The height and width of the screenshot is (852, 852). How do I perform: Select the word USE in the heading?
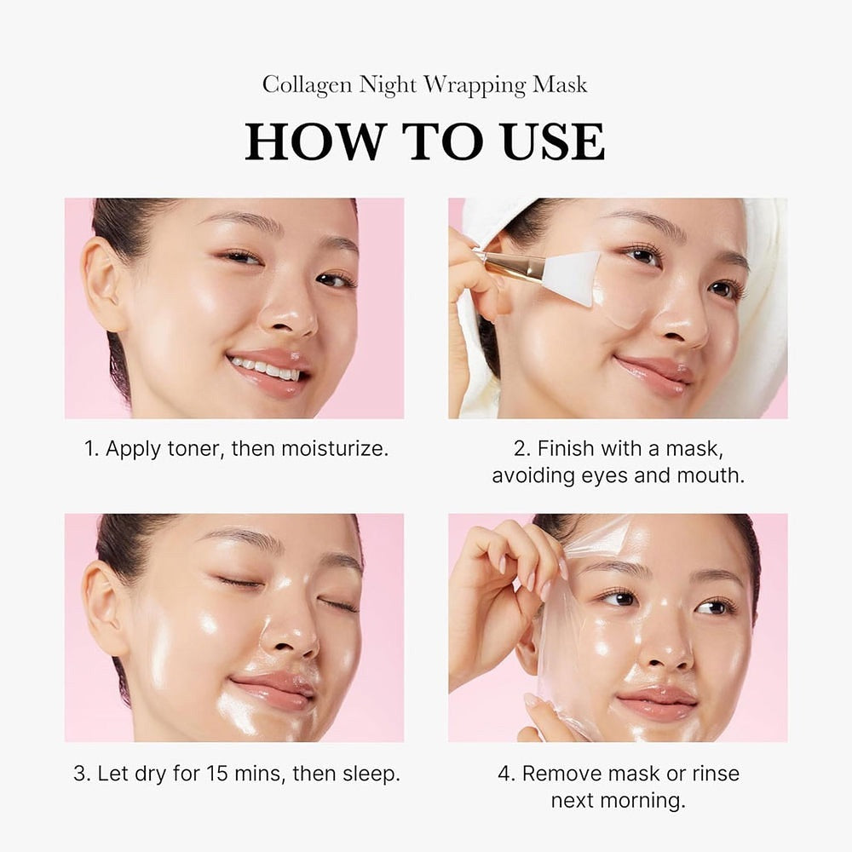[554, 141]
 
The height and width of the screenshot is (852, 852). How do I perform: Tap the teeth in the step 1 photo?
[266, 369]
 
